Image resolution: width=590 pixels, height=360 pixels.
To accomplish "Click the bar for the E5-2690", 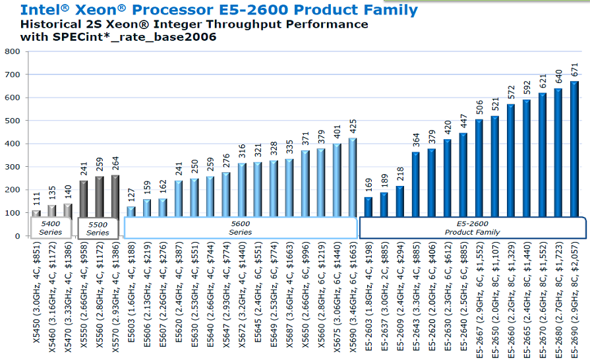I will tap(574, 158).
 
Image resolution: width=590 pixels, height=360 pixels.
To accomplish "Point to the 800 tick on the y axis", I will tap(12, 51).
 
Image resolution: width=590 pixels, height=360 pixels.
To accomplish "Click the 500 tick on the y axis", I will tap(12, 121).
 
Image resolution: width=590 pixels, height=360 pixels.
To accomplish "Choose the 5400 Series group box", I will tap(50, 227).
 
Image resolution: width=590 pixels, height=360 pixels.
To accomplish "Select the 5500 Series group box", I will tap(98, 228).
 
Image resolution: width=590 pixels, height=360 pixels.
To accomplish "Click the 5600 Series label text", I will tap(240, 227).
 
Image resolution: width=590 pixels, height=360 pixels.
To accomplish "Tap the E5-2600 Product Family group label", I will tap(472, 227).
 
